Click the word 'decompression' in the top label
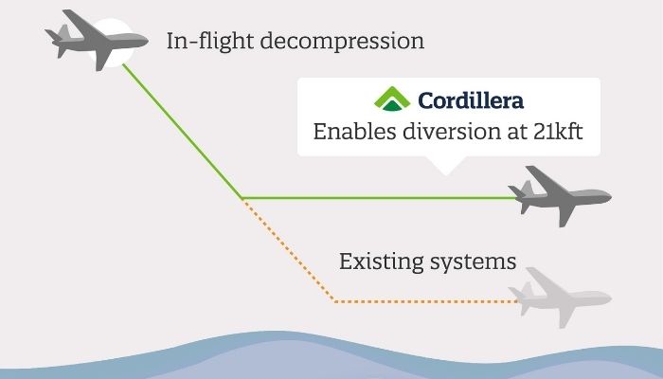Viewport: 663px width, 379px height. [342, 42]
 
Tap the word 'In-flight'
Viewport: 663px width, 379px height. [210, 41]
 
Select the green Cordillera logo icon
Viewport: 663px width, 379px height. [392, 99]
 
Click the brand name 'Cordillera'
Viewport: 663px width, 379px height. [471, 100]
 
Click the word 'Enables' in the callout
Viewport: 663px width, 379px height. [354, 131]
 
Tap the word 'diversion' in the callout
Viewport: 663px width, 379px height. [451, 131]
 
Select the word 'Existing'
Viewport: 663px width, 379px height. [381, 262]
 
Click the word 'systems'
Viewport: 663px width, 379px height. [474, 262]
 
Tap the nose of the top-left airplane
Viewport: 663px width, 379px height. [146, 41]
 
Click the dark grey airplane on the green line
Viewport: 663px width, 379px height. [560, 196]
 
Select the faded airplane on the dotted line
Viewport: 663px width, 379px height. [560, 298]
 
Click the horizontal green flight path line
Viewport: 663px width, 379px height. [379, 197]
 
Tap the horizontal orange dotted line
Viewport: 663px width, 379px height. [426, 301]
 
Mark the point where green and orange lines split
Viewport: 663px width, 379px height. [242, 198]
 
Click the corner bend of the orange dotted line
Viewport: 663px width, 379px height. [334, 301]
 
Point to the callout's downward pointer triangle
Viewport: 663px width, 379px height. [446, 166]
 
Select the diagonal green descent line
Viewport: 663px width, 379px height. [182, 131]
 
